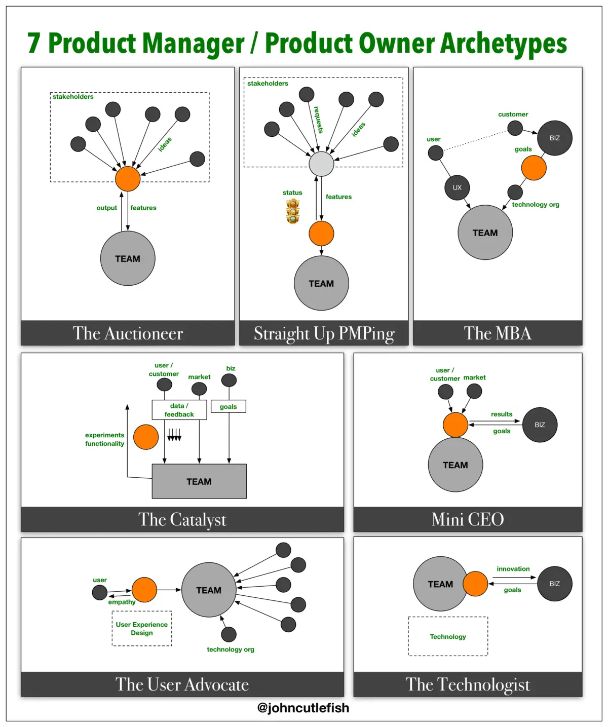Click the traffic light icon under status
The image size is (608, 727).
click(292, 211)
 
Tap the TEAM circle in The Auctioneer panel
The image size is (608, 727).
click(128, 258)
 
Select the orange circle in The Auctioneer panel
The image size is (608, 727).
click(128, 179)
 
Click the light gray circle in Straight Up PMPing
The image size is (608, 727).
click(321, 164)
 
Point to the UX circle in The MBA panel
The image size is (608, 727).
click(457, 187)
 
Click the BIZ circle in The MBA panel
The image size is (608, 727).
click(555, 138)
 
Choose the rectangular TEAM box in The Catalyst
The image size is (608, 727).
click(199, 481)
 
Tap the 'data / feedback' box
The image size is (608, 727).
click(179, 410)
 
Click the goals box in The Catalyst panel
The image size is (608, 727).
click(229, 406)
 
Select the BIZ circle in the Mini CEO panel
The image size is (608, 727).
click(540, 425)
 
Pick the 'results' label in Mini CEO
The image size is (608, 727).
click(502, 414)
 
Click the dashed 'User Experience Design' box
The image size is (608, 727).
click(142, 629)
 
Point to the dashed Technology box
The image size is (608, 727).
click(448, 636)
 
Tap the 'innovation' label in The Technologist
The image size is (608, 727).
click(513, 569)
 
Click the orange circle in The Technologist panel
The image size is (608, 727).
click(475, 584)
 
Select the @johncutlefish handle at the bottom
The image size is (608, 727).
click(303, 708)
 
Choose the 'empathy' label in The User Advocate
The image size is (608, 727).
click(122, 602)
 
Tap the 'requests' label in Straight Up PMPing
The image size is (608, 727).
click(318, 120)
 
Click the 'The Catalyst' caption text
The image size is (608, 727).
click(182, 519)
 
